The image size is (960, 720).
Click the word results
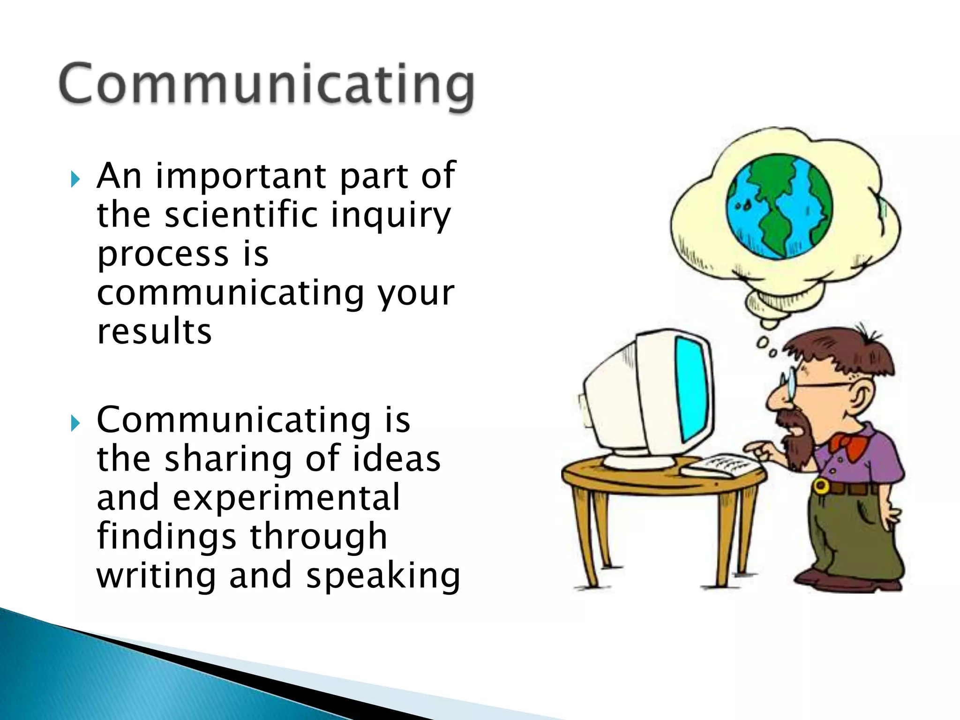[x=154, y=331]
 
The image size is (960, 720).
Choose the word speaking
[x=383, y=576]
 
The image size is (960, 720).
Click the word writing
[x=156, y=576]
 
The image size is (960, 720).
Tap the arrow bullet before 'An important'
[x=75, y=179]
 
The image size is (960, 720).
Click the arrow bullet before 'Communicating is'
[x=75, y=423]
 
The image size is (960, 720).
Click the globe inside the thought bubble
[x=779, y=207]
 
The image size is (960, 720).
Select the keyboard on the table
[x=719, y=465]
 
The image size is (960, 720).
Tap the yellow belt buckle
[x=820, y=486]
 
